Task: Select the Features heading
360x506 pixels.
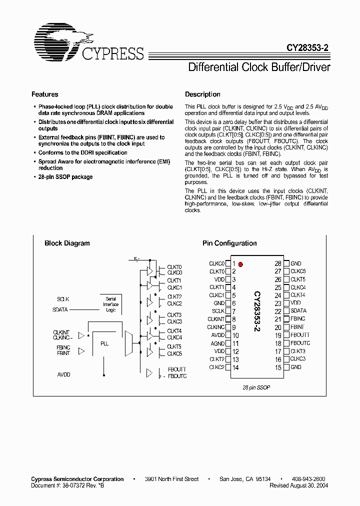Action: click(44, 94)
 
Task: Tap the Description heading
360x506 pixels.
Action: click(202, 94)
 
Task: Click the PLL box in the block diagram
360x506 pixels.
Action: click(104, 344)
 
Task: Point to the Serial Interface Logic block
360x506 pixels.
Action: click(110, 304)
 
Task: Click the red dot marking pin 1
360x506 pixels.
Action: click(240, 264)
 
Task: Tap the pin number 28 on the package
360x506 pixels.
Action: click(277, 263)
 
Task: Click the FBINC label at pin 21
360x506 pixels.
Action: click(297, 319)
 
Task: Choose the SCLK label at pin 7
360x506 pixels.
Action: click(218, 311)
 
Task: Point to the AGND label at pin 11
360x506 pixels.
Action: click(217, 343)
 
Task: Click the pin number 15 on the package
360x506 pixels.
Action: click(277, 367)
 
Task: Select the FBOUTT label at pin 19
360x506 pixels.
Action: click(300, 335)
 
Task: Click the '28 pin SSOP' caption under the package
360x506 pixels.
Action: click(257, 388)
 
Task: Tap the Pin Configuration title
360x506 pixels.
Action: click(229, 243)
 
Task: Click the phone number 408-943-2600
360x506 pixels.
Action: click(307, 479)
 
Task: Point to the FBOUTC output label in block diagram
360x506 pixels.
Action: click(177, 376)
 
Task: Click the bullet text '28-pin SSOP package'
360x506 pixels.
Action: click(65, 177)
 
